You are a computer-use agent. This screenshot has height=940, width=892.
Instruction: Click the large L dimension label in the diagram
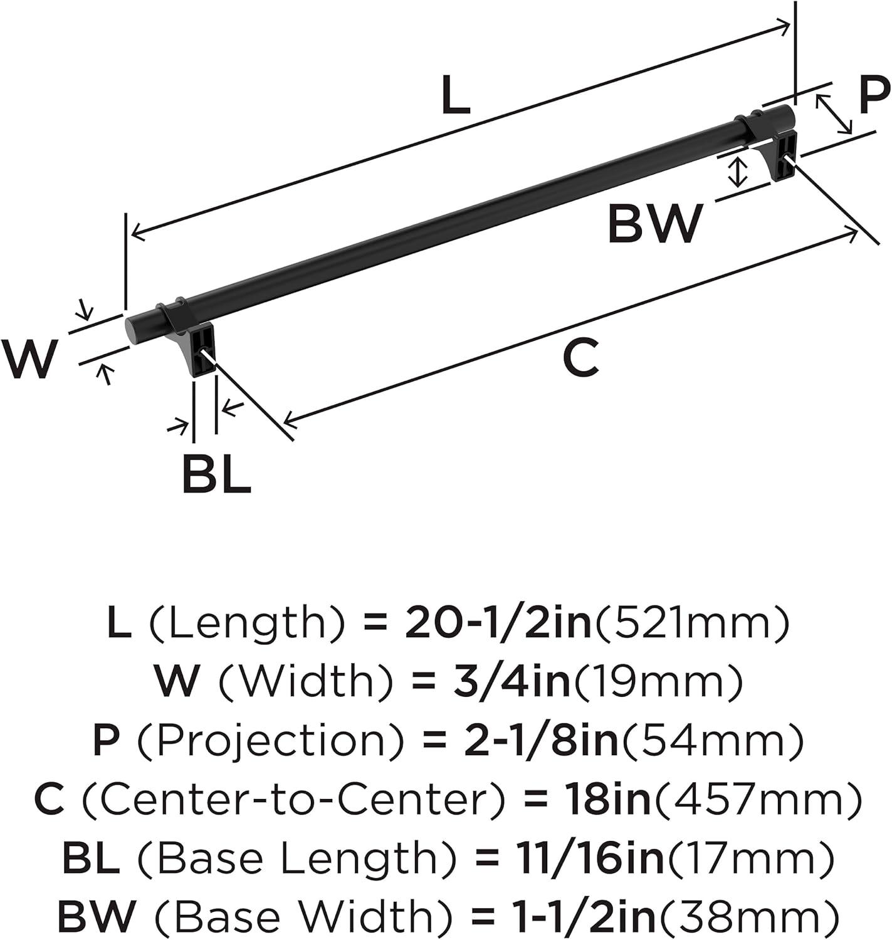(456, 95)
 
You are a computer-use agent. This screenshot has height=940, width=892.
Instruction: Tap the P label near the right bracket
(874, 95)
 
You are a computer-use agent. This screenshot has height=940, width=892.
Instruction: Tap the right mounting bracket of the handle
(780, 152)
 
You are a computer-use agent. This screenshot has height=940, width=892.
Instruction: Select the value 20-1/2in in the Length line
(498, 624)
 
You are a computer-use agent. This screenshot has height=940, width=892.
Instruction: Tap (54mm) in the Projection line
(711, 741)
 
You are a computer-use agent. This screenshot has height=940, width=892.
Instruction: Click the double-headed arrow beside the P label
(834, 114)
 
